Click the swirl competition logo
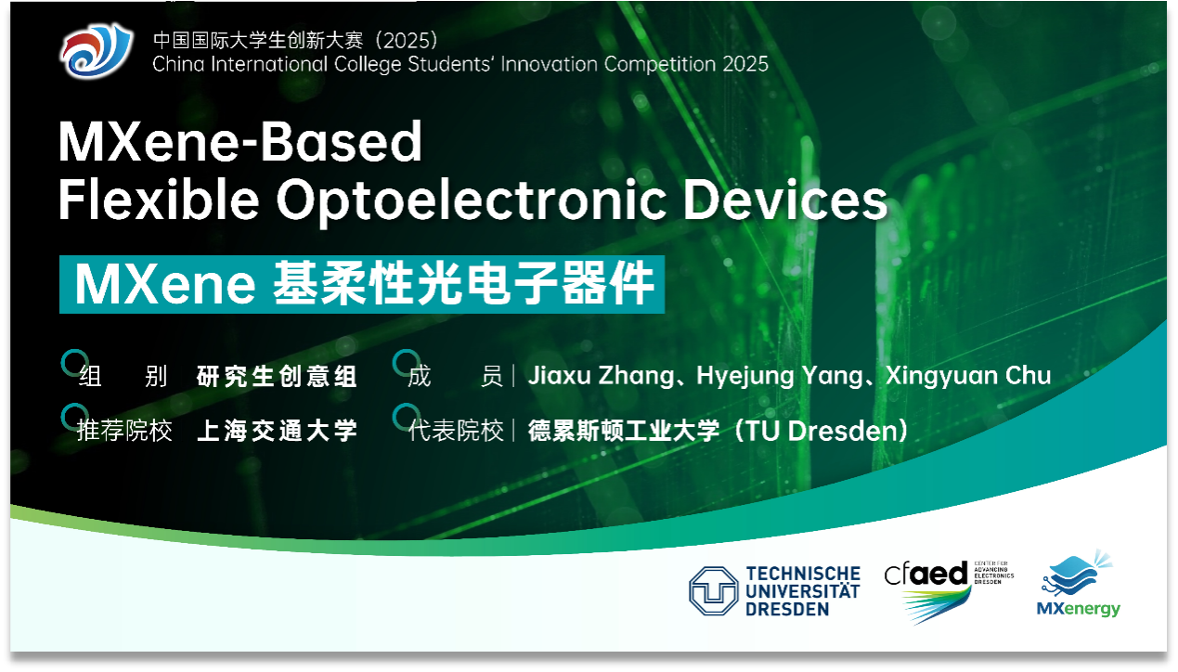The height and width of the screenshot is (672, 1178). pos(96,50)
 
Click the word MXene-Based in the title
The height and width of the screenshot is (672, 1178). pos(240,141)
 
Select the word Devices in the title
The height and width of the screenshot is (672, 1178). pos(785,200)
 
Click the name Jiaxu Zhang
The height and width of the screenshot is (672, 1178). pos(602,377)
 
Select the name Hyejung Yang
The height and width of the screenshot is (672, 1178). pos(780,377)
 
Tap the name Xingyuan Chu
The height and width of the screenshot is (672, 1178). pos(968,375)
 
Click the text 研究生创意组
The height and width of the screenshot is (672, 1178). pos(277,377)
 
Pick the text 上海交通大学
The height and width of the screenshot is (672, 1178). pos(278,431)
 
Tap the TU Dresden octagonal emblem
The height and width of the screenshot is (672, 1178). pos(714,590)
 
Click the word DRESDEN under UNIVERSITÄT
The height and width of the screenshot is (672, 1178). pos(787,610)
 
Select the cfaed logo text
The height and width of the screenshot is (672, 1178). pos(926,573)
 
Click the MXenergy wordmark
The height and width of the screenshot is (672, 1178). pos(1079,609)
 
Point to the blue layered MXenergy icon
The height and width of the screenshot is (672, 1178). pos(1076,574)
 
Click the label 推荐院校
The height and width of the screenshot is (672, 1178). pos(124,431)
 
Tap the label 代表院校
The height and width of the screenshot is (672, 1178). pos(456,431)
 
